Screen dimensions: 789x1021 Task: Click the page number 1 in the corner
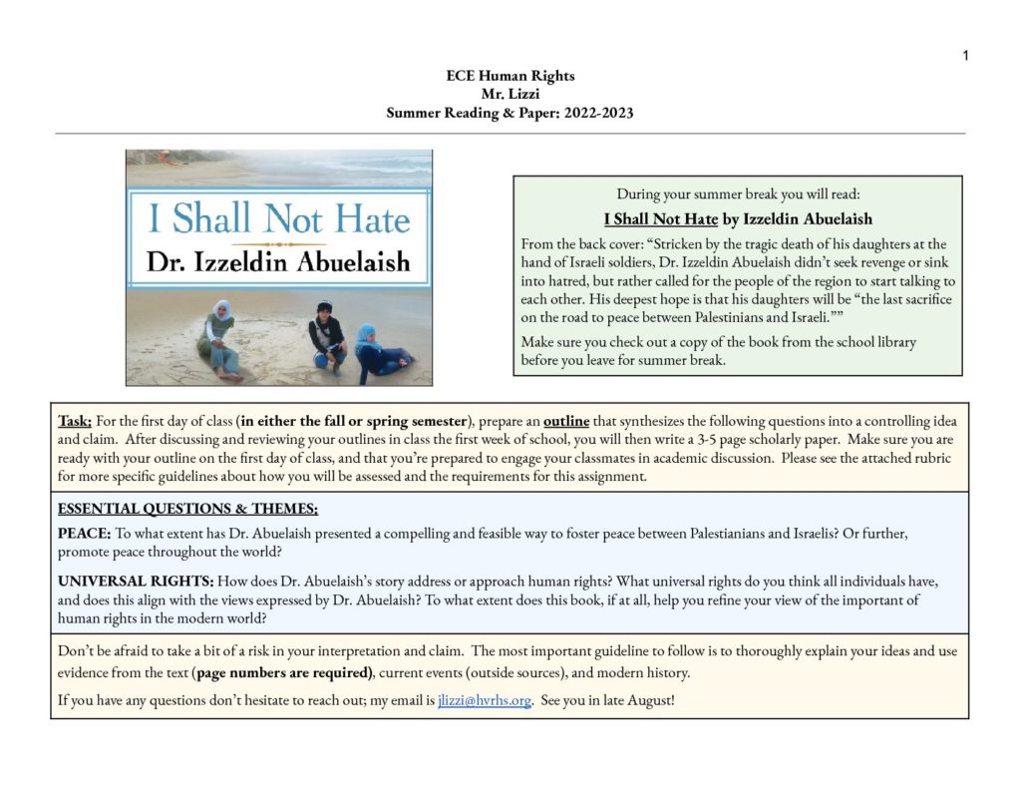[x=965, y=56]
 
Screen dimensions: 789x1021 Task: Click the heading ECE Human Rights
[x=510, y=76]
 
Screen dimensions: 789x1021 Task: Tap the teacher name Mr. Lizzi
[x=510, y=94]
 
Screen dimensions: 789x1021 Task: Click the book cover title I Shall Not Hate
[x=278, y=217]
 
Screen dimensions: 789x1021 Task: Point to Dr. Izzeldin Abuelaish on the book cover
[x=278, y=262]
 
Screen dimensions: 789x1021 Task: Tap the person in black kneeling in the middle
[x=326, y=334]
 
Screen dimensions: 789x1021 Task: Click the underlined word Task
[x=75, y=421]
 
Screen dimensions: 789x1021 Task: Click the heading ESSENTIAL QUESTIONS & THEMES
[x=187, y=508]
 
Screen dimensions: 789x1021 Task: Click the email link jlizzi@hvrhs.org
[x=484, y=700]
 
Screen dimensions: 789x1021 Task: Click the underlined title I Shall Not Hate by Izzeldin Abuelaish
[x=738, y=218]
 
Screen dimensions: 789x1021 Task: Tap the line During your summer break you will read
[x=738, y=194]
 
